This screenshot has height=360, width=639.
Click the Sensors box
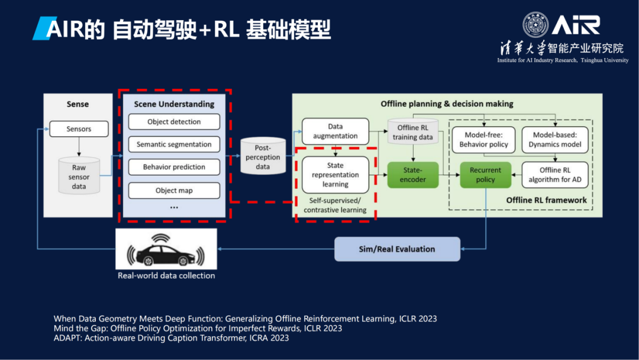[79, 129]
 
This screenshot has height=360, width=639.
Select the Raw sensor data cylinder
[79, 176]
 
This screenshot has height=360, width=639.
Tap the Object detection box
[174, 122]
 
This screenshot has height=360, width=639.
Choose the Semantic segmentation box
[174, 144]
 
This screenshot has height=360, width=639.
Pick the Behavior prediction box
[174, 167]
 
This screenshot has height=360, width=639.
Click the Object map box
[174, 191]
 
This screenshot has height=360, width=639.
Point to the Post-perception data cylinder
[263, 156]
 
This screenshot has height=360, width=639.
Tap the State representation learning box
[335, 175]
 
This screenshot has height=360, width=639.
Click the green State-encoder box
[412, 175]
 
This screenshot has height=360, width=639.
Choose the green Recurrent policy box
[485, 175]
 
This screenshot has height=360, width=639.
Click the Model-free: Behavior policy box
[483, 140]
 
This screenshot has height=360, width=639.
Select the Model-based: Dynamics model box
[555, 140]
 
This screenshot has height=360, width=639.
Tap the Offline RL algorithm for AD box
[555, 175]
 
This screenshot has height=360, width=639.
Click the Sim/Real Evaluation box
[397, 249]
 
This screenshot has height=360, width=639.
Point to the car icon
[166, 251]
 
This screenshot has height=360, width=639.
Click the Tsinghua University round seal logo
[535, 25]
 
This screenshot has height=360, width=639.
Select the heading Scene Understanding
[174, 104]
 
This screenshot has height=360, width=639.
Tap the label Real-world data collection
[166, 276]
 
